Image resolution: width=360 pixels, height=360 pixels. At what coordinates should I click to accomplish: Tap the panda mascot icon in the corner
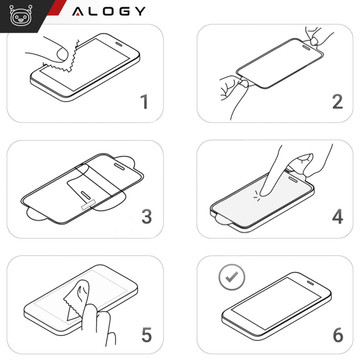tap(14, 13)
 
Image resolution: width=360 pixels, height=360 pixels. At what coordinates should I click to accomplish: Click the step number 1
tap(143, 101)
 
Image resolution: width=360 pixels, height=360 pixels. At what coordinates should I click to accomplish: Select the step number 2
tap(337, 101)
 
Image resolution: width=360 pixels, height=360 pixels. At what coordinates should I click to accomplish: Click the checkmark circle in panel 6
tap(230, 273)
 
